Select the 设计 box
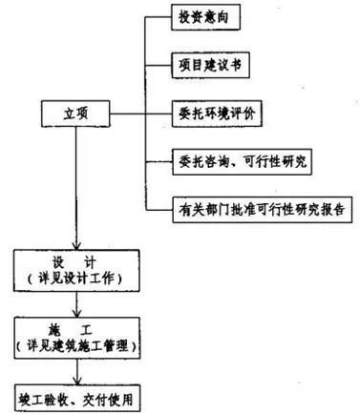[73, 269]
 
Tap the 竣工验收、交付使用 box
[73, 394]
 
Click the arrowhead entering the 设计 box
[73, 246]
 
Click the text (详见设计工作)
[73, 278]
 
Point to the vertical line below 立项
[73, 181]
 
